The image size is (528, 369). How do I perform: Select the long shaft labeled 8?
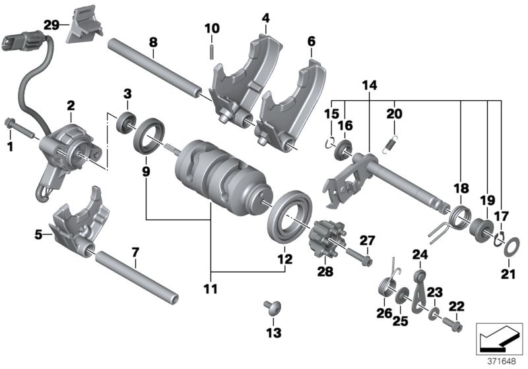pos(155,69)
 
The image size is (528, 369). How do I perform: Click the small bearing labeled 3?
pos(124,122)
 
